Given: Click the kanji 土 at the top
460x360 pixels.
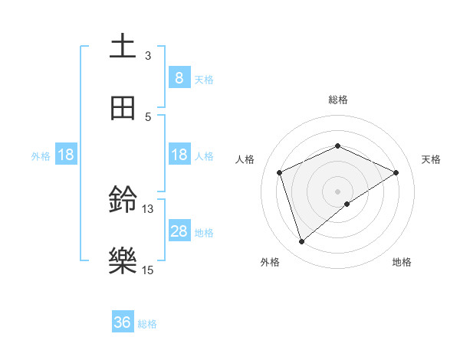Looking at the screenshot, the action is (123, 47).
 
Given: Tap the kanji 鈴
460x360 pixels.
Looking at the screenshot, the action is (123, 201).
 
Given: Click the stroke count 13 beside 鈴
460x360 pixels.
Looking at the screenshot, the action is (148, 208).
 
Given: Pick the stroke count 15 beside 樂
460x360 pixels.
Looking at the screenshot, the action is (148, 270).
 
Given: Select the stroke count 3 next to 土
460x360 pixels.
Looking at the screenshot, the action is (148, 55).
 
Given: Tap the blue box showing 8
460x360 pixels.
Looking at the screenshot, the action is (179, 77).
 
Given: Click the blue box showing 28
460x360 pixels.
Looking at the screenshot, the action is (179, 231).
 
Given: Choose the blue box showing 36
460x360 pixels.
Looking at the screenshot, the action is (123, 322).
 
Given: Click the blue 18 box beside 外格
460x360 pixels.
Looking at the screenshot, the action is (66, 155).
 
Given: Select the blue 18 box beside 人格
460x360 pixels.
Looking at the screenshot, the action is (179, 155).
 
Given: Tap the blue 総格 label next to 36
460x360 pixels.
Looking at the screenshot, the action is (147, 324).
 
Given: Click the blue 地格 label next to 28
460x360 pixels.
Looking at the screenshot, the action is (204, 232).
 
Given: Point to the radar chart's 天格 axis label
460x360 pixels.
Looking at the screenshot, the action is (431, 159).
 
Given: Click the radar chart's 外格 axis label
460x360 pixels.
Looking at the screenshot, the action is (270, 262).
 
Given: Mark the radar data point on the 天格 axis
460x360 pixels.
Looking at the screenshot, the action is (396, 172).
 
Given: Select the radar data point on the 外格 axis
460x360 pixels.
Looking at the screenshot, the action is (301, 242).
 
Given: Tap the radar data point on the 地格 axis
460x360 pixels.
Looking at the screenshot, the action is (347, 204).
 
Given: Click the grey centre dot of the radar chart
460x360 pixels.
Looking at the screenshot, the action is (337, 191).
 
